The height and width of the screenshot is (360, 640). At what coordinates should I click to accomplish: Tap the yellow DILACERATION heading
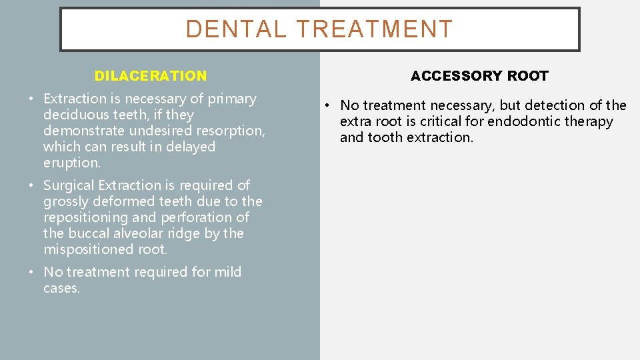pos(151,76)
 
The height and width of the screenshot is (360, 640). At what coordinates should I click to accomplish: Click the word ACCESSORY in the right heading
pos(449,76)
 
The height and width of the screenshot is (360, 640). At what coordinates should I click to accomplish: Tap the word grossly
pos(65,201)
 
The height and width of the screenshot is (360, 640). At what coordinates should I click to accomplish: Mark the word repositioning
pos(86,217)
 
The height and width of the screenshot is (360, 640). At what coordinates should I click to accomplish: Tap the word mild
pos(227,272)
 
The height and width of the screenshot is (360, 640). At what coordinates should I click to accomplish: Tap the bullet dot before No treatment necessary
pos(329,106)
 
